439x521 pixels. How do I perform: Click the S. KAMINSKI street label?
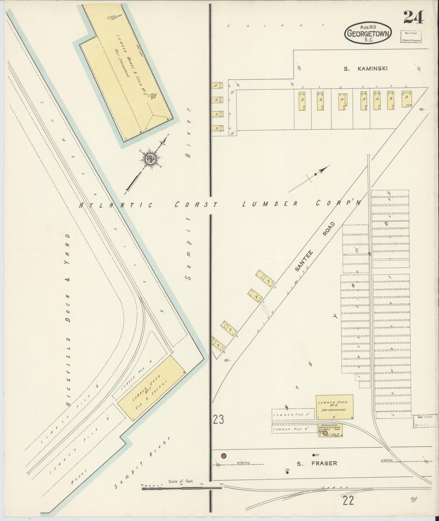(365, 69)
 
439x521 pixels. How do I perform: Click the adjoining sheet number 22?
(349, 501)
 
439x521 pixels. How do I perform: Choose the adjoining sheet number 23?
(218, 420)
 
